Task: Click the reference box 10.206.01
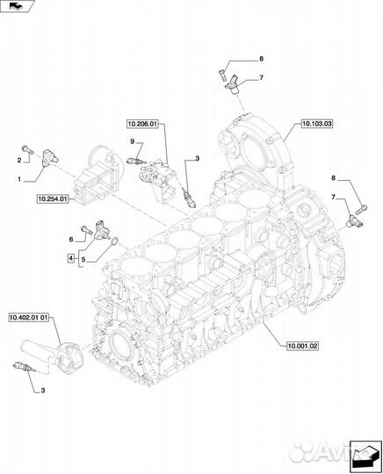point(142,124)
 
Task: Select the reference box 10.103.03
point(317,124)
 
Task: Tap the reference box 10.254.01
point(53,199)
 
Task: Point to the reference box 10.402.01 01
point(29,318)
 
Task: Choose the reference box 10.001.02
point(302,346)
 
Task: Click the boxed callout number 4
point(71,258)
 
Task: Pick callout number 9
point(132,141)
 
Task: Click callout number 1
point(19,179)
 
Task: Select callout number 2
point(19,161)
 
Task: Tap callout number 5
point(83,260)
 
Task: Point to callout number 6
point(71,240)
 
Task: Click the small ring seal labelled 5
point(115,242)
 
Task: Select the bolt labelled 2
point(27,148)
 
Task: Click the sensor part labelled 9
point(137,161)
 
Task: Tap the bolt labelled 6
point(86,230)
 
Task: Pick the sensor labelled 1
point(49,157)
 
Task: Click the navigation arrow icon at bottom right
point(365,456)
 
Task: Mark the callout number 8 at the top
point(262,59)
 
